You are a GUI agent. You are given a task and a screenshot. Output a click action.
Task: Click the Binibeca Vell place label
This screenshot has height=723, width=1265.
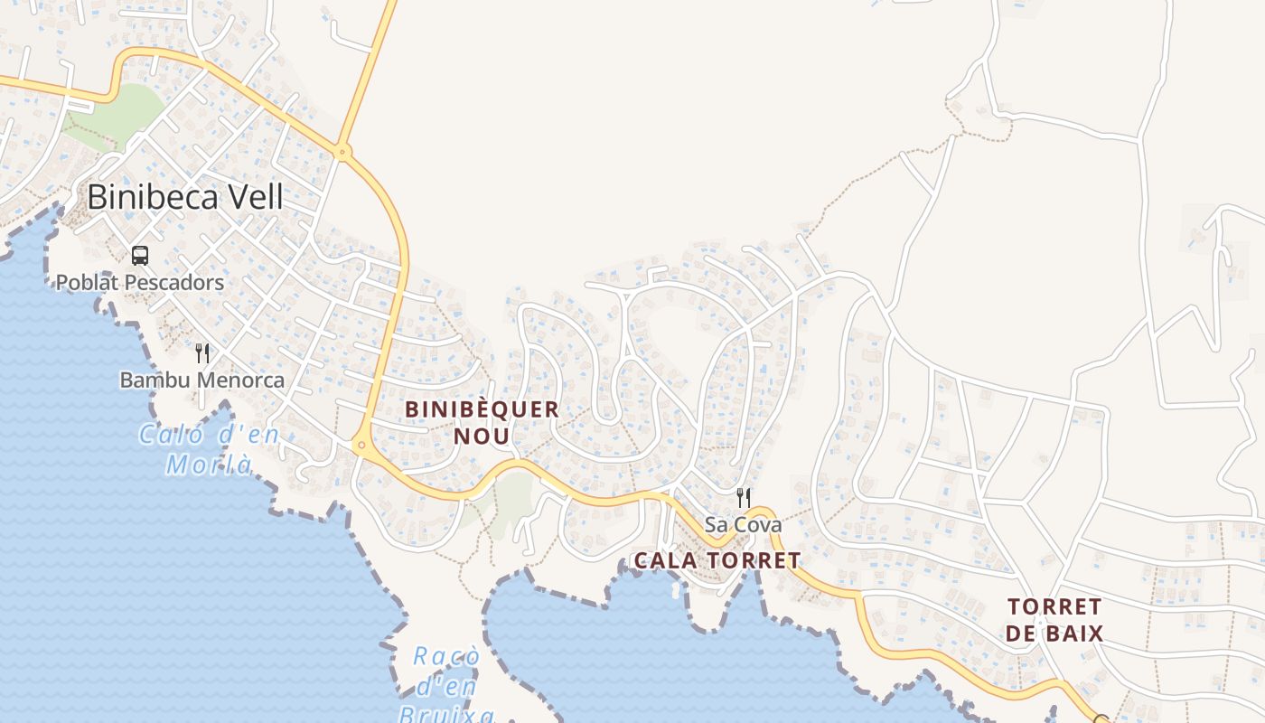pos(185,196)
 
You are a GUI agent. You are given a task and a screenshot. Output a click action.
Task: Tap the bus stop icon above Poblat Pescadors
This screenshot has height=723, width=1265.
pos(140,256)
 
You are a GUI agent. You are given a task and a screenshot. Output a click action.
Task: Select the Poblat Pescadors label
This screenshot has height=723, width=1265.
pos(140,283)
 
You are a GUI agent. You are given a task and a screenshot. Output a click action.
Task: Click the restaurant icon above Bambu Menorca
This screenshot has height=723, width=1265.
pos(202,353)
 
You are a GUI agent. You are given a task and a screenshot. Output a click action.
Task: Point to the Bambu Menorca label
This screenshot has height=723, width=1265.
pos(201,380)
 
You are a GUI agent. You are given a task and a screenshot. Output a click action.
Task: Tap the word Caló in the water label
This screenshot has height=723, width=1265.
pos(170,436)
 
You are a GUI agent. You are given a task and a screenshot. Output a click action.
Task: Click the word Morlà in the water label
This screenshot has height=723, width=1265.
pos(209,465)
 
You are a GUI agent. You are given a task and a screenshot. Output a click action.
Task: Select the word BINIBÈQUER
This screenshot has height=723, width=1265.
pos(483,409)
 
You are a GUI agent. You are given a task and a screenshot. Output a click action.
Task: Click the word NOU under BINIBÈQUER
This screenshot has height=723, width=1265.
pos(483,437)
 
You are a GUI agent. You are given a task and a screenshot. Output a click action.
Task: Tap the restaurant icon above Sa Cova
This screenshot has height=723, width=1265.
pos(744,497)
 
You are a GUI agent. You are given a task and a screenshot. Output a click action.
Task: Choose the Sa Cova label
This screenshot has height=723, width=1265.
pos(744,524)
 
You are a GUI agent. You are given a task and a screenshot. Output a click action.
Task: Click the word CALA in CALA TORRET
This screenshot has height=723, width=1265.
pos(665,560)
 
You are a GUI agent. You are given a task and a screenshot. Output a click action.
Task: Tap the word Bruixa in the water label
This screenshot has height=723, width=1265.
pos(446,715)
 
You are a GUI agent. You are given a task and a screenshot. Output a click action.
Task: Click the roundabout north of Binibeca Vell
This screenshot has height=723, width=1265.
pos(342,152)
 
